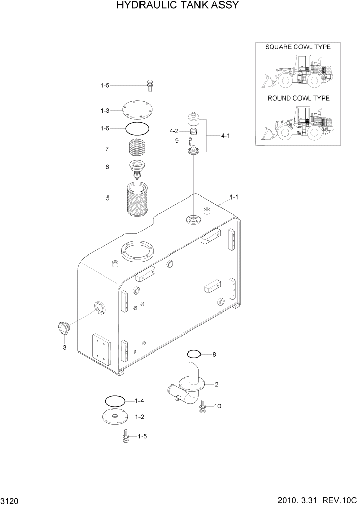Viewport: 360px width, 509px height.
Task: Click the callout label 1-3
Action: click(x=105, y=111)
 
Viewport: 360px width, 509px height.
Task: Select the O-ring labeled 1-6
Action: click(x=138, y=128)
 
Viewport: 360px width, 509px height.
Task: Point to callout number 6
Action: click(x=107, y=167)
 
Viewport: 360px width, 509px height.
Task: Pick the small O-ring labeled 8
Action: click(x=194, y=354)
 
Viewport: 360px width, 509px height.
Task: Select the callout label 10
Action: click(x=217, y=406)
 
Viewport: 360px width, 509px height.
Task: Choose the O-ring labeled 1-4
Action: click(x=115, y=400)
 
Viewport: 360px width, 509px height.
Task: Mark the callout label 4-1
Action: click(x=225, y=136)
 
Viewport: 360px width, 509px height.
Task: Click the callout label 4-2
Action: click(x=174, y=131)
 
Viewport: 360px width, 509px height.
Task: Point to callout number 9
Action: click(x=177, y=141)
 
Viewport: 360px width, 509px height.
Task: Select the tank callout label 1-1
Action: click(x=235, y=197)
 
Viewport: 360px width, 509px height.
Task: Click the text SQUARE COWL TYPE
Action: click(x=297, y=47)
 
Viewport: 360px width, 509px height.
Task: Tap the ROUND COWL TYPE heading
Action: click(x=298, y=98)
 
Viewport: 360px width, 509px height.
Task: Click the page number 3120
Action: click(x=10, y=500)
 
